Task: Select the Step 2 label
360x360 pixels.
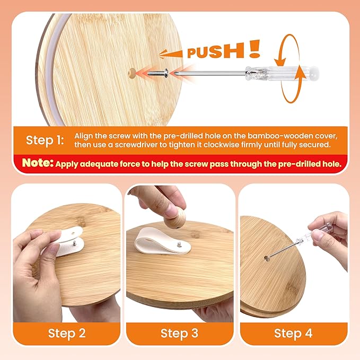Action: pos(67,333)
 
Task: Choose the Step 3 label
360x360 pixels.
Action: pos(180,333)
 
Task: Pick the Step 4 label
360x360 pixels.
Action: pos(293,333)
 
